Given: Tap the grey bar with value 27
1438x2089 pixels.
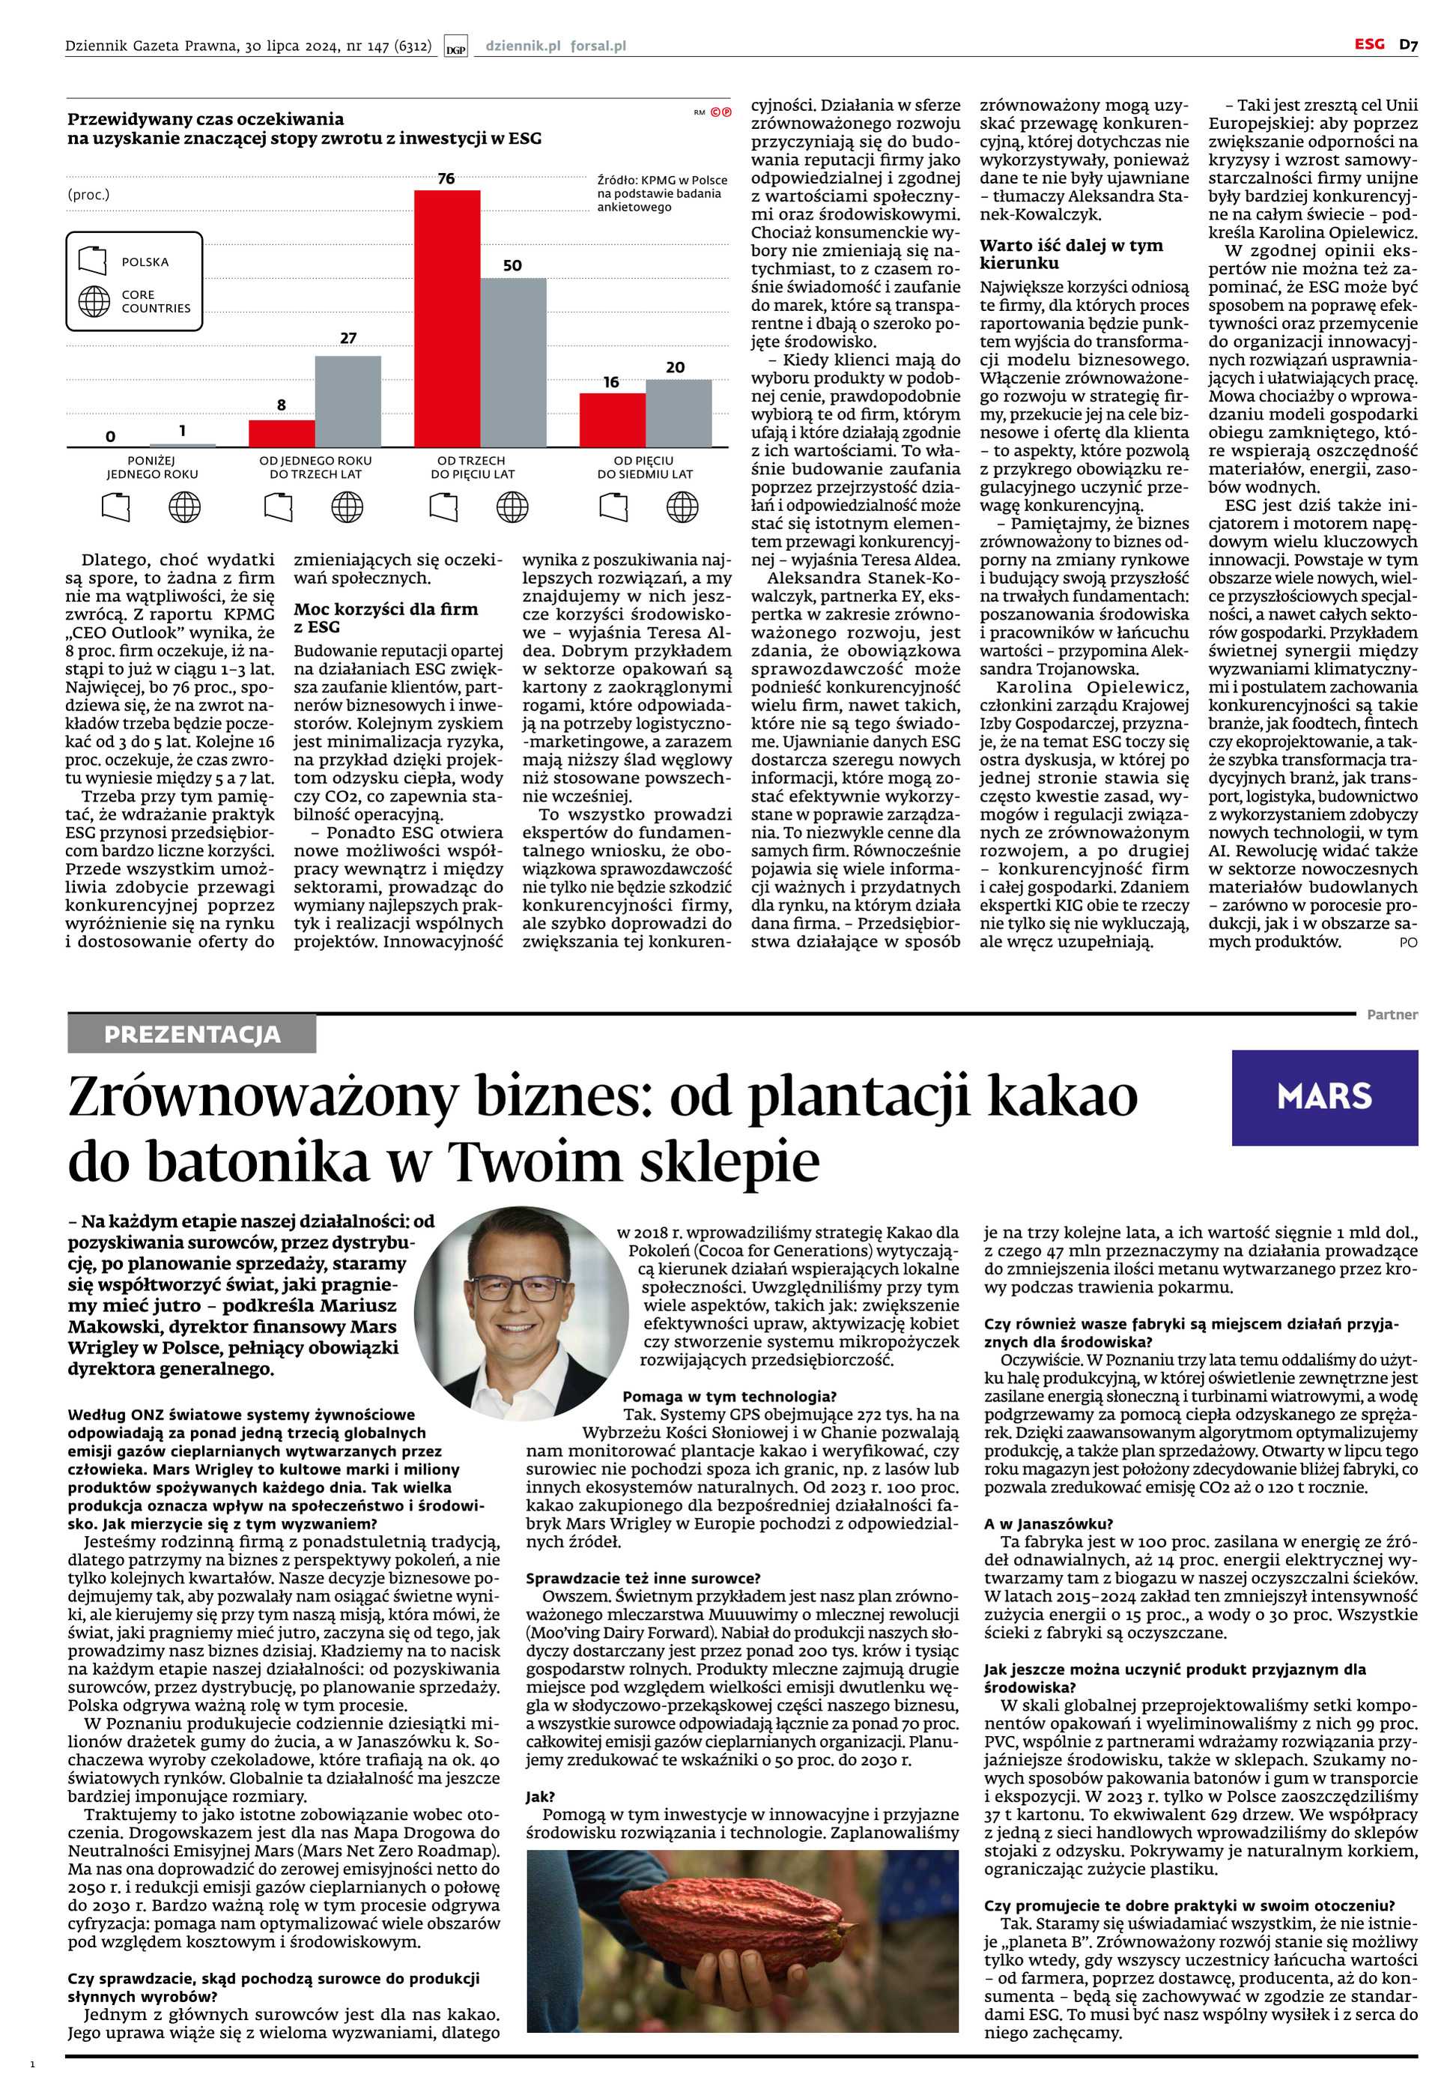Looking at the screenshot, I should pos(348,401).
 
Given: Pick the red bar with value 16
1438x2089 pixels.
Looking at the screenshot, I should pos(612,419).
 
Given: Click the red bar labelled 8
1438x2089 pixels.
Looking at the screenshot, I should pos(282,432).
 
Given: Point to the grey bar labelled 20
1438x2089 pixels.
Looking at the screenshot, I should pos(678,413).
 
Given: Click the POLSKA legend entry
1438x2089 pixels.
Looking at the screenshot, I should pos(144,262).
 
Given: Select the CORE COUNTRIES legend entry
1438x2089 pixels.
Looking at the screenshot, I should pos(155,301).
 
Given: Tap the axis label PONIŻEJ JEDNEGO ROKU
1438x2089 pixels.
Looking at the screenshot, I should pos(152,467).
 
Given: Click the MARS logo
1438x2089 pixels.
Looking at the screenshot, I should pos(1323,1096).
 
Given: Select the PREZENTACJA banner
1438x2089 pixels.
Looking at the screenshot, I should pos(192,1034).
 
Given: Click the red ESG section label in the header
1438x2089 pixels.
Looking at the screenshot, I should pos(1368,43).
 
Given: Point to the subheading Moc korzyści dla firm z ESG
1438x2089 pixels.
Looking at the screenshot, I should pos(386,617).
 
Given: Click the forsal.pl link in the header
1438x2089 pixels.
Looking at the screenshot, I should pos(598,45).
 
